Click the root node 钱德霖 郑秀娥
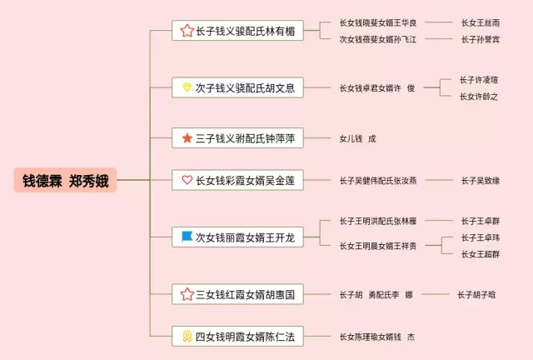tap(64, 180)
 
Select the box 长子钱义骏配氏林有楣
tap(237, 31)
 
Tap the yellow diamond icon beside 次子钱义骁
tap(187, 87)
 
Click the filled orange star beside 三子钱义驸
tap(187, 138)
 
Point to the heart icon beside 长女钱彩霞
tap(187, 180)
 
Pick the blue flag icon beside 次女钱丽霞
tap(187, 237)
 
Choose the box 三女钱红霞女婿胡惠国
tap(237, 293)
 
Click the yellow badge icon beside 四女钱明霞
tap(187, 336)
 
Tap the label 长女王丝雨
tap(481, 22)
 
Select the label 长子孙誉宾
tap(481, 39)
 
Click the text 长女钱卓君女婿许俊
tap(376, 87)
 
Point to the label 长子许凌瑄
tap(479, 80)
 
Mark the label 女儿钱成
tap(357, 138)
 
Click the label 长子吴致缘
tap(481, 180)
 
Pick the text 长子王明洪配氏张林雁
tap(378, 221)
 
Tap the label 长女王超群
tap(481, 254)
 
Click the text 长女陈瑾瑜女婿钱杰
tap(376, 336)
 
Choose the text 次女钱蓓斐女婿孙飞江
tap(378, 39)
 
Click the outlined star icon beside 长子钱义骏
tap(187, 31)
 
